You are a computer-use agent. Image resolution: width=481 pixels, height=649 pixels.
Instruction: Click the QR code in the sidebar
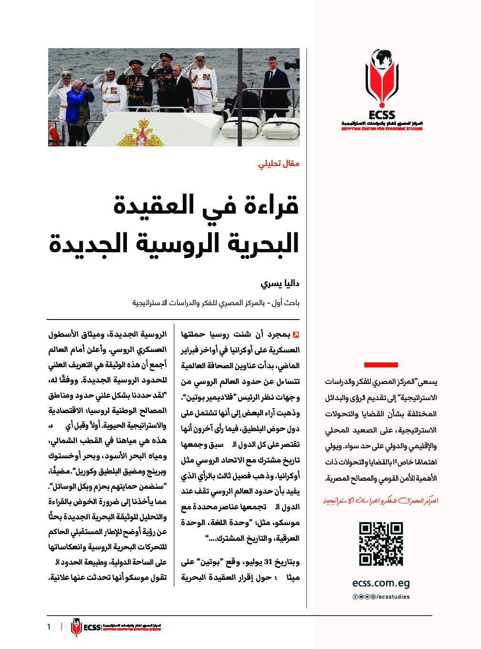(380, 544)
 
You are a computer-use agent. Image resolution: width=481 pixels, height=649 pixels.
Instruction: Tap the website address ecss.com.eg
(381, 583)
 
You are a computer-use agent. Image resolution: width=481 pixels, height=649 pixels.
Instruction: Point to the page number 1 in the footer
(49, 627)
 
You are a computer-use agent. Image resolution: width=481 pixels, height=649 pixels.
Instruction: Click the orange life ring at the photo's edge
(52, 136)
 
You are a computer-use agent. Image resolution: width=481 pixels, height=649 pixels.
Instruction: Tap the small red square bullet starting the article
(296, 333)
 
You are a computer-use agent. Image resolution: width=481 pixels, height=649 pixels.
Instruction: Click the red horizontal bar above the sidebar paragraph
(381, 365)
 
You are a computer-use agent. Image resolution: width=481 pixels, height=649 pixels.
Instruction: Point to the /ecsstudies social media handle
(393, 597)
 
